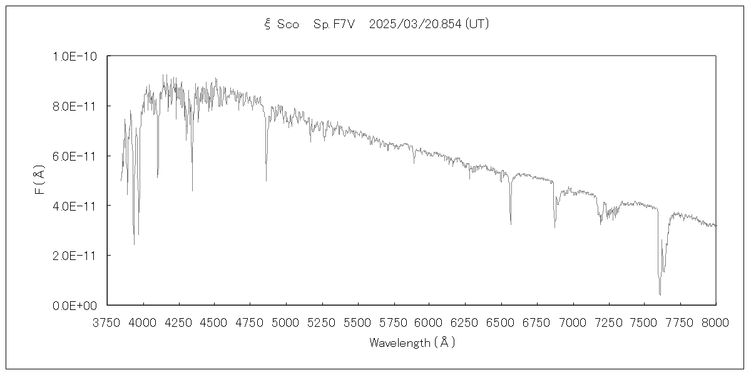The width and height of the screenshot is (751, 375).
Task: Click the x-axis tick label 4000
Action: [x=143, y=322]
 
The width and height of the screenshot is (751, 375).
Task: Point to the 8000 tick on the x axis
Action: [x=716, y=322]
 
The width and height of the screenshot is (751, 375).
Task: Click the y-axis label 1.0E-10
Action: [x=78, y=56]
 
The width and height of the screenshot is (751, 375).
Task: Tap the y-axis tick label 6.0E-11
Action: [x=78, y=156]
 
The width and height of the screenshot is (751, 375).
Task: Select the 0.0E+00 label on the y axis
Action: [x=78, y=306]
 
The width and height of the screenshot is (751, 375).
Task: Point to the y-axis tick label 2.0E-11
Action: [x=78, y=256]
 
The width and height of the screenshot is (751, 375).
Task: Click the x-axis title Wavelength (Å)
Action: [x=412, y=342]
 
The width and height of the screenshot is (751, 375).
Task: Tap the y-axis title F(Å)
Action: [x=39, y=180]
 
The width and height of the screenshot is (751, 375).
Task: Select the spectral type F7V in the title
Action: [x=342, y=24]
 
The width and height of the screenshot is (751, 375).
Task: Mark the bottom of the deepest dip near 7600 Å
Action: [x=660, y=294]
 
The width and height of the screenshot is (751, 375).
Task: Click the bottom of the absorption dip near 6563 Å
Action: [x=511, y=224]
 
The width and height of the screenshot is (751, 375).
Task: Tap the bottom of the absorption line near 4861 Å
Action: [x=267, y=181]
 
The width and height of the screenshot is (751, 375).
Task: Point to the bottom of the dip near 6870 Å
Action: [x=554, y=227]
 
